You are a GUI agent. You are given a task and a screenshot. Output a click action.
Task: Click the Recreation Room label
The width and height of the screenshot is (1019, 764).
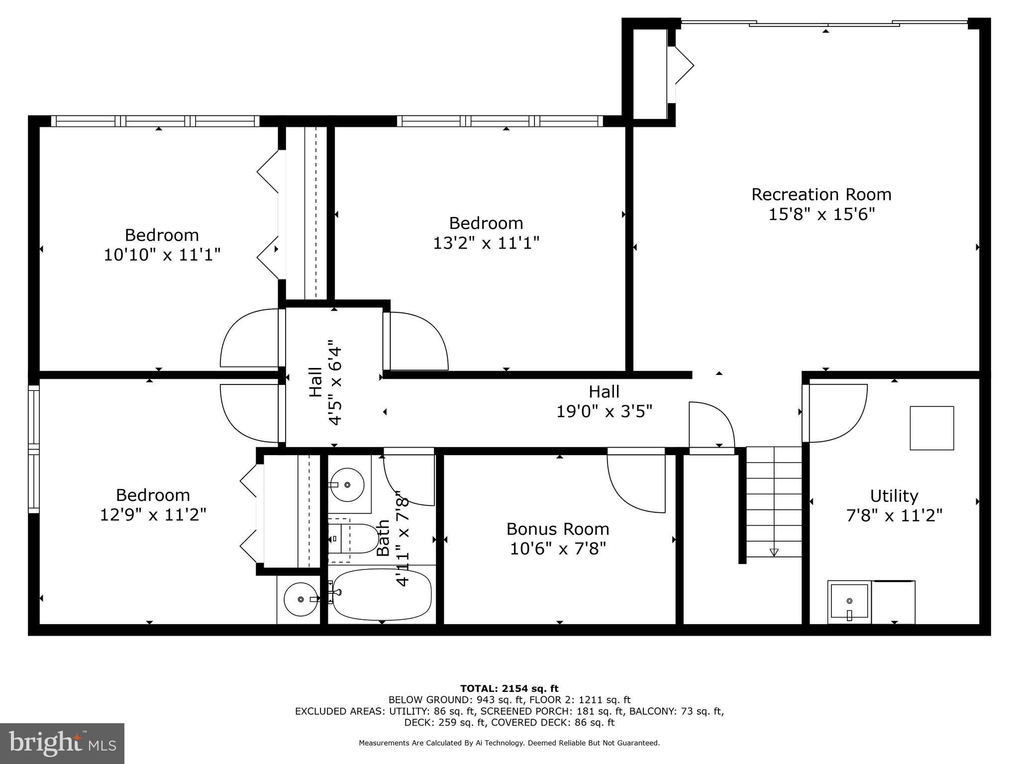(x=821, y=194)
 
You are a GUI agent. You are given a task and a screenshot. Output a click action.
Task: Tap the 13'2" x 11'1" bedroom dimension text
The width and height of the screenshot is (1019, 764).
(x=486, y=243)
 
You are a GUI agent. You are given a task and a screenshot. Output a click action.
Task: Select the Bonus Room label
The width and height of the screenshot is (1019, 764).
(x=557, y=528)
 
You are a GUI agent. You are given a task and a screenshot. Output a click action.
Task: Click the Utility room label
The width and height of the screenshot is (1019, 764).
(x=894, y=495)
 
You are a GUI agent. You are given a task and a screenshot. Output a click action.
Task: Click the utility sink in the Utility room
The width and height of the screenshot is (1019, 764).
(x=849, y=602)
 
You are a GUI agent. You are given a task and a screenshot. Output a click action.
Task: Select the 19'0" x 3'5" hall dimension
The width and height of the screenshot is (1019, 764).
(x=604, y=412)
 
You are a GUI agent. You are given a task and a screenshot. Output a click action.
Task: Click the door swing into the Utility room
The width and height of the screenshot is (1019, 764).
(x=836, y=413)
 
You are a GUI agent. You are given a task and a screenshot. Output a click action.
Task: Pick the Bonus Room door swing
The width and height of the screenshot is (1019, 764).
(x=637, y=482)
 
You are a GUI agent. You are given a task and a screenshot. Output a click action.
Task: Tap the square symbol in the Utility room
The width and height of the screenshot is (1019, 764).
(x=931, y=428)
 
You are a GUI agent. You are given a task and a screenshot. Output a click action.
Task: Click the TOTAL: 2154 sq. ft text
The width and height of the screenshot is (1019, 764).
(x=509, y=688)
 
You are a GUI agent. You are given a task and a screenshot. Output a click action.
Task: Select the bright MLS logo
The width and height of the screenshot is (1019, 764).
(x=62, y=743)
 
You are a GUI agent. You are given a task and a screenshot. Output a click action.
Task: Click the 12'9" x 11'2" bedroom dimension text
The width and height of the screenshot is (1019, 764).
(x=153, y=514)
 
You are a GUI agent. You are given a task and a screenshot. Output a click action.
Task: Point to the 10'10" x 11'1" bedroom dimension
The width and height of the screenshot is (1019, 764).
(x=162, y=255)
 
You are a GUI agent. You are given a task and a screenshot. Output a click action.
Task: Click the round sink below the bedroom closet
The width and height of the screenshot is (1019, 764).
(x=300, y=599)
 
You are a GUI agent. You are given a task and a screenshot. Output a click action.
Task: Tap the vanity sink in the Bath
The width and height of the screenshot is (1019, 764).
(x=348, y=484)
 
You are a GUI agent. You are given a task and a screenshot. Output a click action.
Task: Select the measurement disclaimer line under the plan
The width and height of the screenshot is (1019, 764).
(x=509, y=743)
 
